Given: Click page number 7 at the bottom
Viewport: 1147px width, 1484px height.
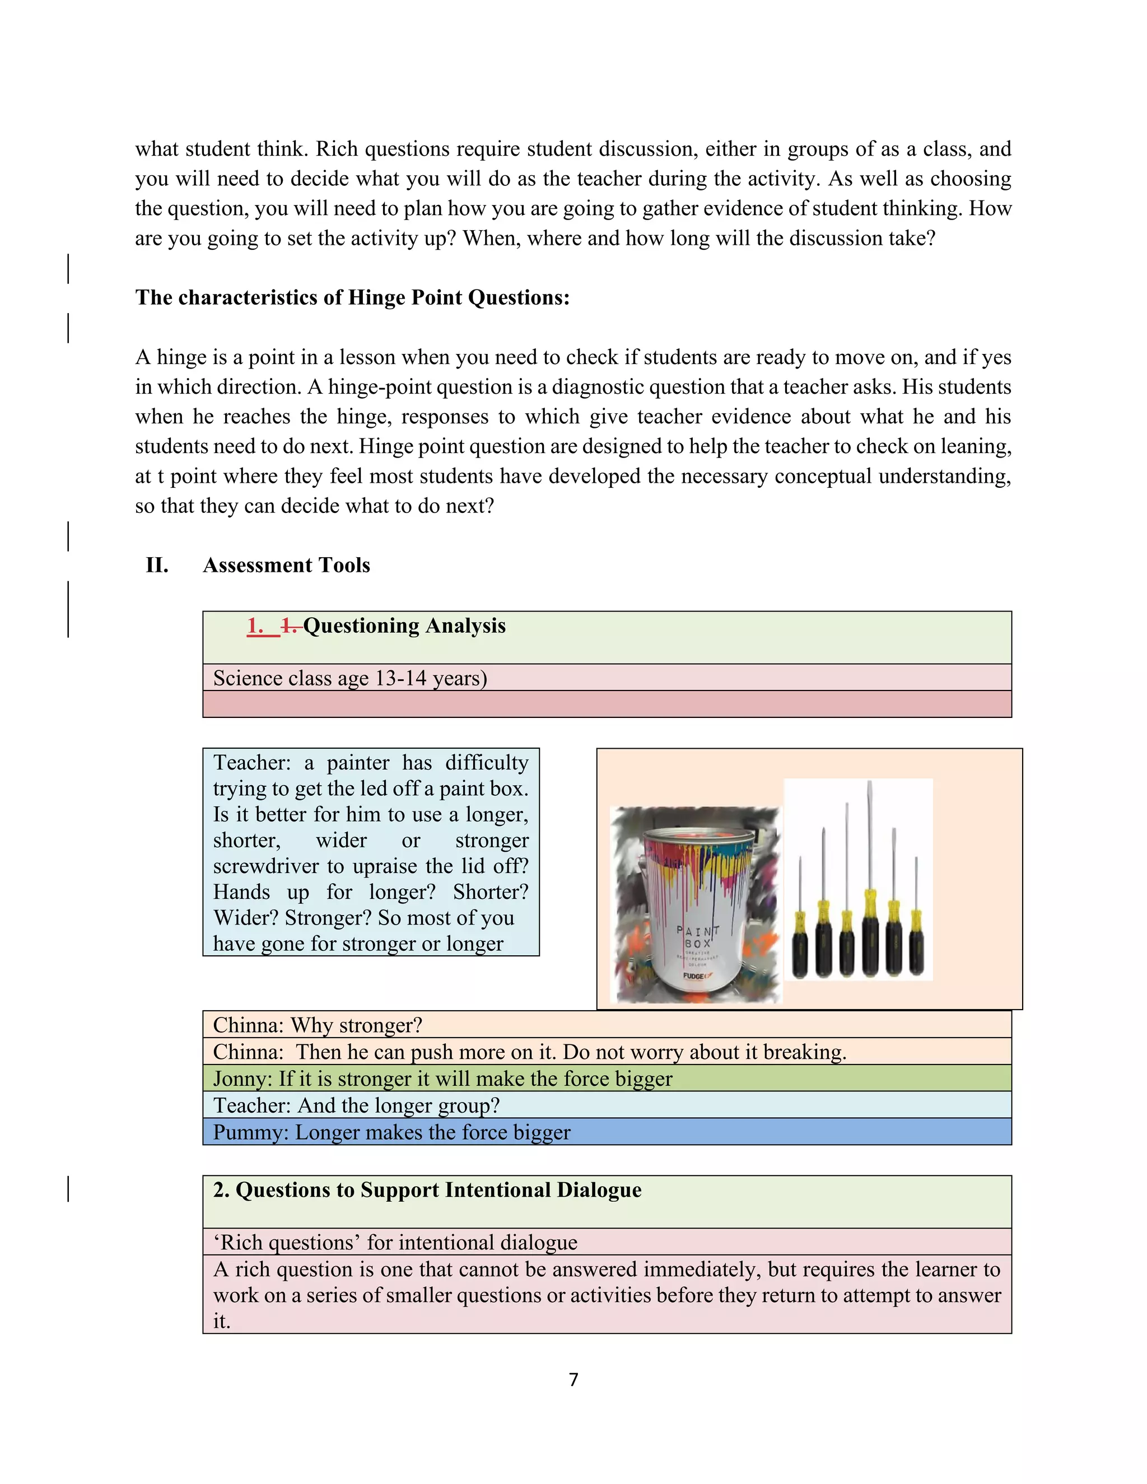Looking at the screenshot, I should click(573, 1379).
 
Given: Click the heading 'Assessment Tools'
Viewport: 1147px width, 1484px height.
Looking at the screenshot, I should click(286, 566).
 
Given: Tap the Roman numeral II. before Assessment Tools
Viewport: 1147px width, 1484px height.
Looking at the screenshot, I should click(157, 566).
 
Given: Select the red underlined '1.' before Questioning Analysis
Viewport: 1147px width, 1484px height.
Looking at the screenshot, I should click(256, 626).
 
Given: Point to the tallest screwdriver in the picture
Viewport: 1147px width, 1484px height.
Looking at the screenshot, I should click(870, 883).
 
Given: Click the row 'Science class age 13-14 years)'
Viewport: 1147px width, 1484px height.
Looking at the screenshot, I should click(350, 678).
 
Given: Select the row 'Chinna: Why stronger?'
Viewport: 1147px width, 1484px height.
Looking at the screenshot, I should click(318, 1025).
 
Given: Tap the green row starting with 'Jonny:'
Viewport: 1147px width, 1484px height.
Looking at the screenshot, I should click(442, 1079).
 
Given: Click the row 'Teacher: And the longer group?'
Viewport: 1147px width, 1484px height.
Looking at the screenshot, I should click(356, 1105).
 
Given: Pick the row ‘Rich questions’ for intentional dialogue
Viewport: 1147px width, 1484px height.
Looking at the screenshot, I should click(395, 1243).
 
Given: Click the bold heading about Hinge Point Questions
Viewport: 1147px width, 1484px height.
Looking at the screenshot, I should click(352, 297).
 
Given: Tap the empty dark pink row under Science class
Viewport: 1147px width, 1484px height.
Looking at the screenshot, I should click(606, 704).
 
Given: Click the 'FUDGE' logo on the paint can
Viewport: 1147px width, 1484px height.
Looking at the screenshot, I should click(695, 976).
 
